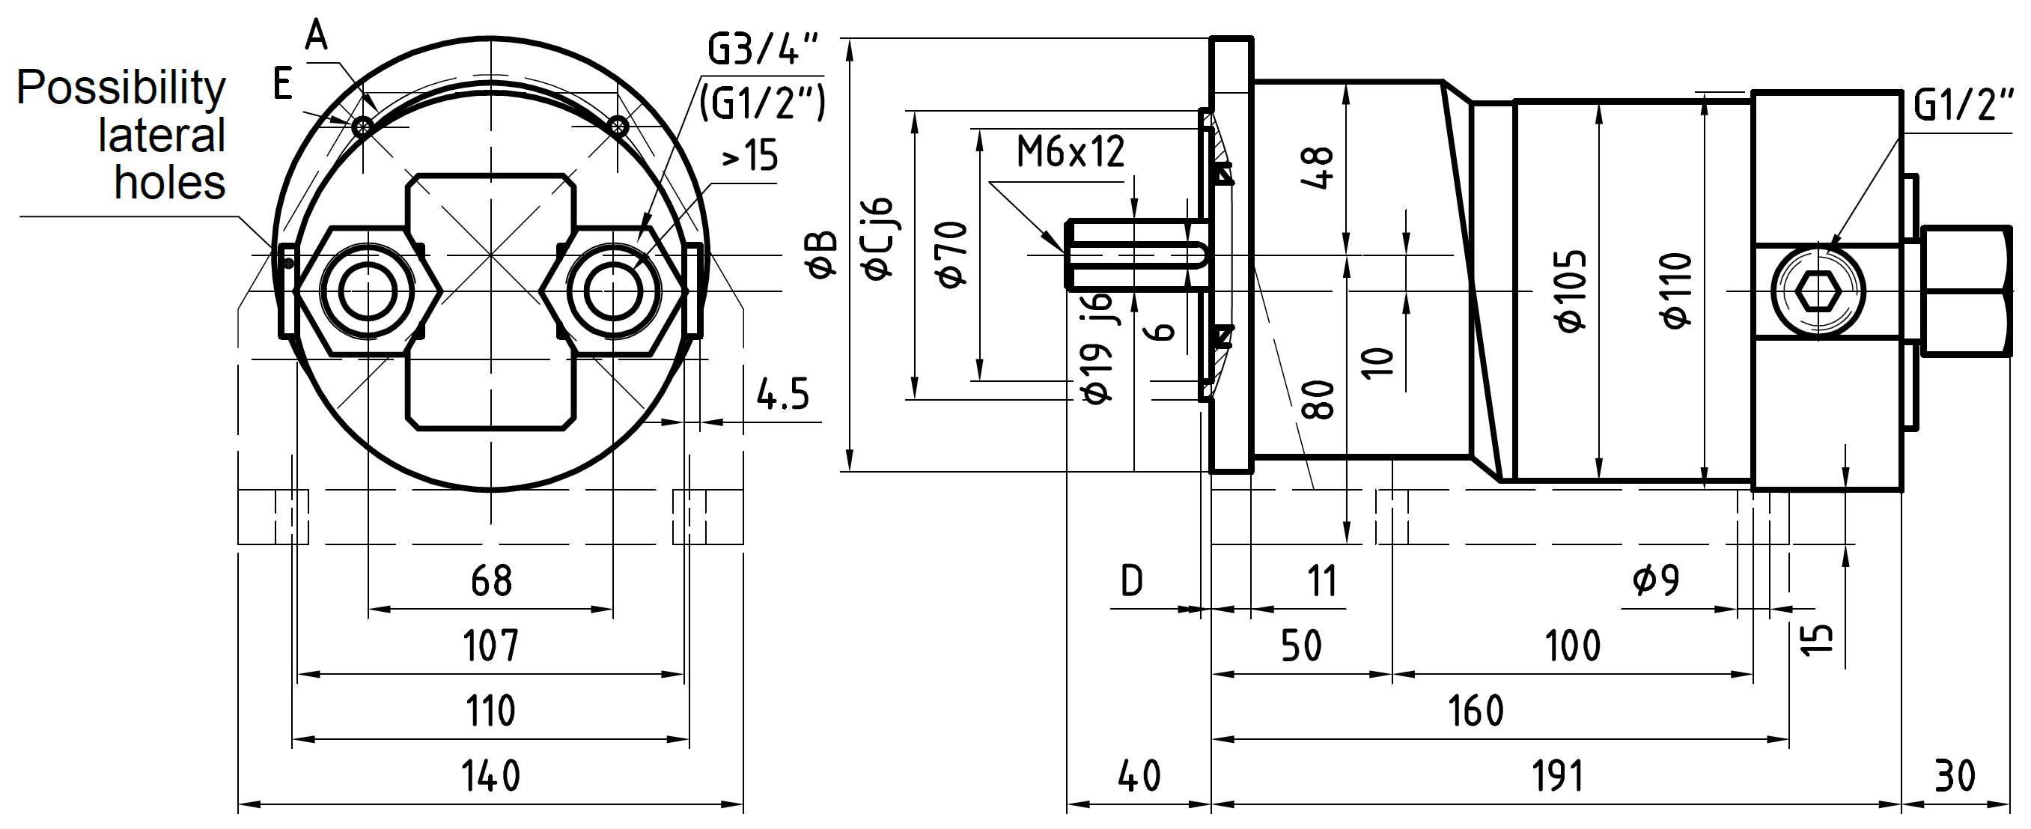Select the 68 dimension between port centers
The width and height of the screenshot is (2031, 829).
pos(491,580)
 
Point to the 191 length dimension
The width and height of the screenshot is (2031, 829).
pos(1558,776)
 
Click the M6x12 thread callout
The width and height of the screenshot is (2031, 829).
pos(1070,152)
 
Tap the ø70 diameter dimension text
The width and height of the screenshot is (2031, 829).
pos(952,254)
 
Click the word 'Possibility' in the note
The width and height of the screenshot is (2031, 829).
pos(121,88)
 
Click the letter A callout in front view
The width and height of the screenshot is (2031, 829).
pos(316,35)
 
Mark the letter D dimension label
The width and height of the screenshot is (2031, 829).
pos(1131,581)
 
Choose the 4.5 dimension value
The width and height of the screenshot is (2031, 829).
pos(783,394)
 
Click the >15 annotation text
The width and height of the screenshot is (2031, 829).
pos(750,157)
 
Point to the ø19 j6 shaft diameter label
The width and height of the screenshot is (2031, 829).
pos(1098,347)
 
